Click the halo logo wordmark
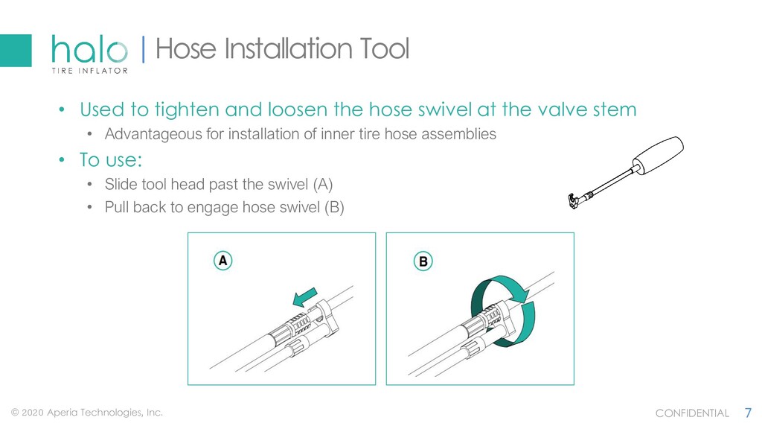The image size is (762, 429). (x=89, y=49)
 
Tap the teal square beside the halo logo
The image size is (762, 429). (x=16, y=51)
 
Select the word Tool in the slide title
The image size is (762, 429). (x=385, y=48)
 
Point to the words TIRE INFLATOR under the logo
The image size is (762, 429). (x=90, y=71)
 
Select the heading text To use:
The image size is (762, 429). (x=111, y=160)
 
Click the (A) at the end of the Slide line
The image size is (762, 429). (x=323, y=185)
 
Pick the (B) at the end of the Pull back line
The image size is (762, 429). (x=334, y=208)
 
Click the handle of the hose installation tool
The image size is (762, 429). (x=658, y=156)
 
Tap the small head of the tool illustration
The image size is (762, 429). (x=574, y=200)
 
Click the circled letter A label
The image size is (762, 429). (x=223, y=261)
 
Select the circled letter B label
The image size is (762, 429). (x=423, y=261)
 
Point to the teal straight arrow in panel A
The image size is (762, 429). (x=305, y=297)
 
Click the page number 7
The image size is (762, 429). (x=749, y=413)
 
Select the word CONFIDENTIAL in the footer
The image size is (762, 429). (x=692, y=413)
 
